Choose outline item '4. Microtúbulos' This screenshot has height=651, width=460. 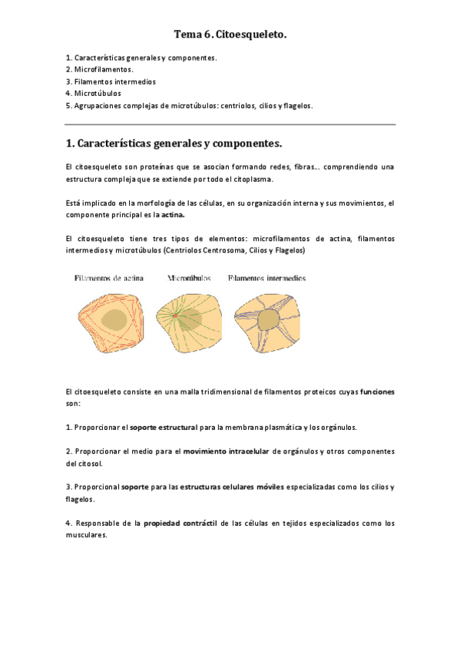pyautogui.click(x=93, y=93)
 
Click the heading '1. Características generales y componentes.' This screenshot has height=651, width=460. pyautogui.click(x=175, y=144)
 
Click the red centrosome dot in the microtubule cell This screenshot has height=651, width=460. pyautogui.click(x=175, y=315)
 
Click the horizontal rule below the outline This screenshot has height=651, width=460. pyautogui.click(x=230, y=124)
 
